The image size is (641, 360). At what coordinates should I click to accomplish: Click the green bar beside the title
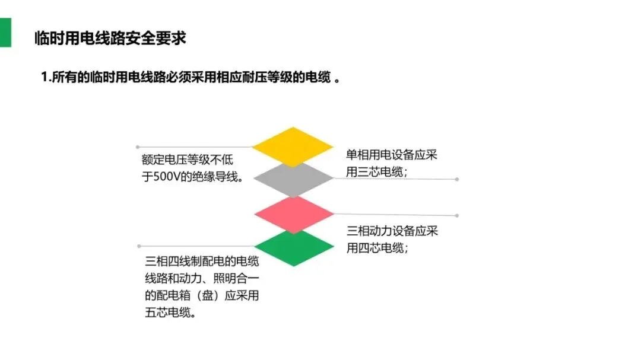5,33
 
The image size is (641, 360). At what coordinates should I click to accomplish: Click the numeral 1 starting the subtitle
44,78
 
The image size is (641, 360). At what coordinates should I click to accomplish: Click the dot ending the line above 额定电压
138,146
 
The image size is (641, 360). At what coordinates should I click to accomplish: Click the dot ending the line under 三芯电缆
457,179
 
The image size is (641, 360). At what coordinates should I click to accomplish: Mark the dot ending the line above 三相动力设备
457,216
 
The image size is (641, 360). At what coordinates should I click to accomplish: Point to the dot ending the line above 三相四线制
139,246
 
